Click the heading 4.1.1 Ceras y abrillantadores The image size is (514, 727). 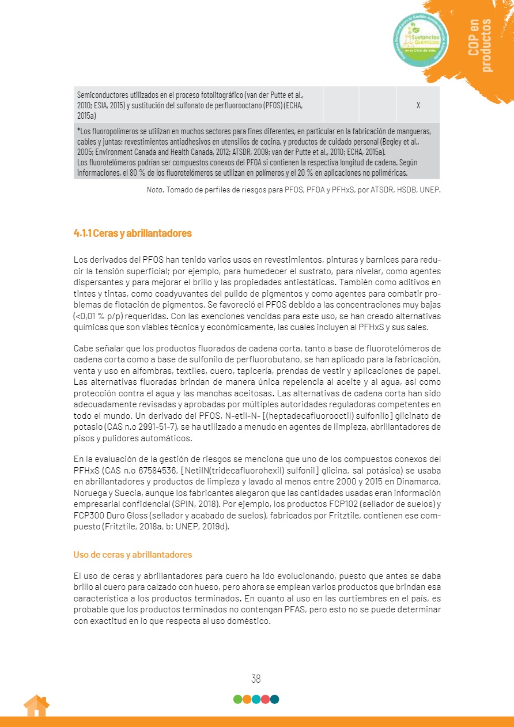click(x=132, y=233)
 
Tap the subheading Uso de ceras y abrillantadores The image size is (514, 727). click(x=133, y=555)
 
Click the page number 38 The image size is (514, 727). click(x=256, y=679)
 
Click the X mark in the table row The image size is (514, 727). click(x=418, y=105)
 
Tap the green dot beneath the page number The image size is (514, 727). click(x=237, y=699)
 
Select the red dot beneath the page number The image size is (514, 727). click(x=265, y=699)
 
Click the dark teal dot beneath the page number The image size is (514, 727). click(x=274, y=699)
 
